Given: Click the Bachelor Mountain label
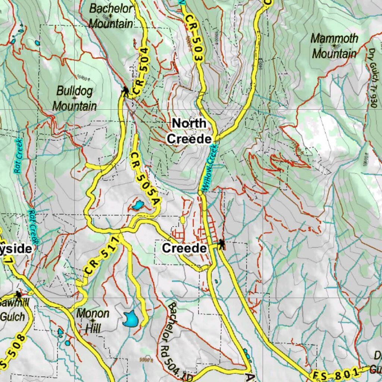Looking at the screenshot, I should pyautogui.click(x=111, y=16).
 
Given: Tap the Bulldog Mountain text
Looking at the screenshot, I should pyautogui.click(x=74, y=98).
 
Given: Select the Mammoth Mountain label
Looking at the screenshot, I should pyautogui.click(x=334, y=46).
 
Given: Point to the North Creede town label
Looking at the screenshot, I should pyautogui.click(x=189, y=131).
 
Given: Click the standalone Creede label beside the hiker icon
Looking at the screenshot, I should pyautogui.click(x=184, y=248).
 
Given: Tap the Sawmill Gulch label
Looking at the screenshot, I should pyautogui.click(x=13, y=310).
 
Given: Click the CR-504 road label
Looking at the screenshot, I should pyautogui.click(x=141, y=71).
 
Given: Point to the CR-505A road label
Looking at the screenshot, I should pyautogui.click(x=145, y=178).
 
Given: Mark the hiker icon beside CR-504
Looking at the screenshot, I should pyautogui.click(x=125, y=91).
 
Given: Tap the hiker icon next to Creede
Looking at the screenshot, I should pyautogui.click(x=222, y=244).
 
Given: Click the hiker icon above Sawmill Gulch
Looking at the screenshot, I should pyautogui.click(x=18, y=295).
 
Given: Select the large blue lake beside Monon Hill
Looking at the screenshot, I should pyautogui.click(x=131, y=318).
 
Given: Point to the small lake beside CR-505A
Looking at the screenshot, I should pyautogui.click(x=137, y=205).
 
